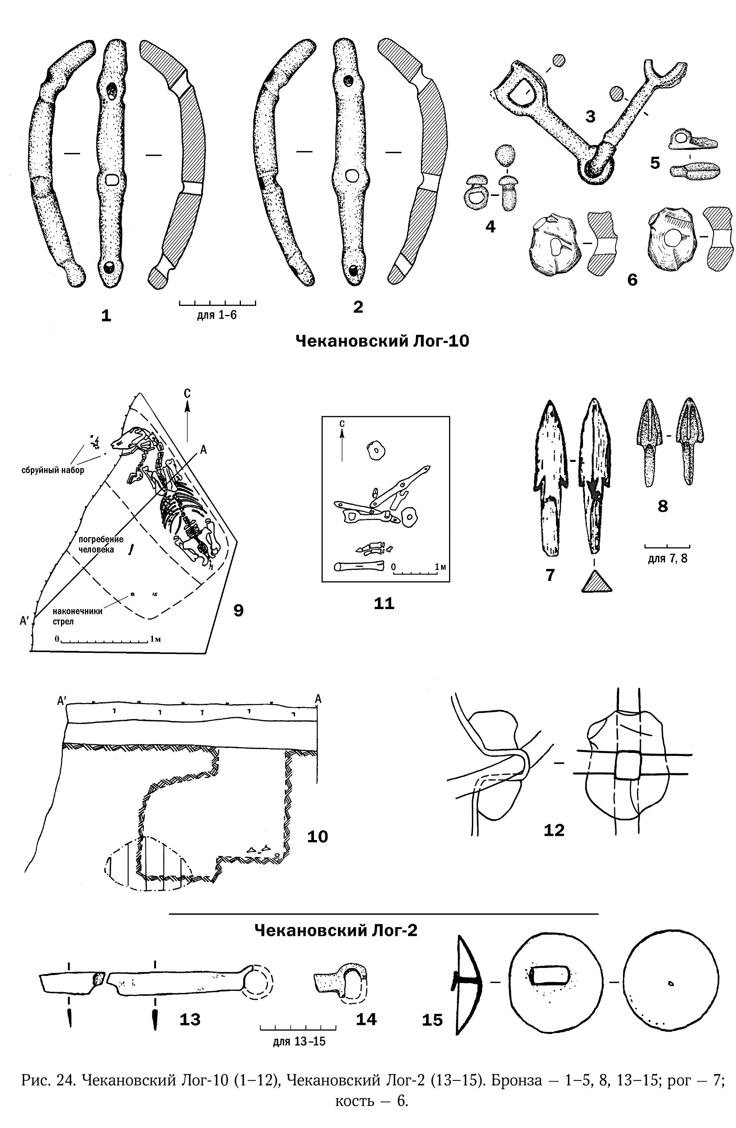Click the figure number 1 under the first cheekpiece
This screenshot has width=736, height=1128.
106,315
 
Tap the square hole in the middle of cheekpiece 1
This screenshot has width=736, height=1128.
112,180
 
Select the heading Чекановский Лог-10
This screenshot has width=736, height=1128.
382,341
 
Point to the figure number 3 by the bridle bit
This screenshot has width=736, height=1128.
590,116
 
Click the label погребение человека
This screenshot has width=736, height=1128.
100,544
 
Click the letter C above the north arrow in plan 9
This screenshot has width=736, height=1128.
187,393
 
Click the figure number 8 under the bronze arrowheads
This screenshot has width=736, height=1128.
663,506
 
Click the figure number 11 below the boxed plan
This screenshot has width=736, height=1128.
384,603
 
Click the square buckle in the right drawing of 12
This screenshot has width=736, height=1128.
628,764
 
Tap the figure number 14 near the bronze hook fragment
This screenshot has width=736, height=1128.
366,1018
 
